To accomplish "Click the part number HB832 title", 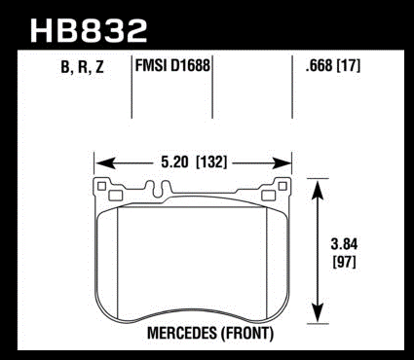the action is tap(89, 30).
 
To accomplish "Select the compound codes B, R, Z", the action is tap(82, 67).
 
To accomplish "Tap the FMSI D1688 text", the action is tap(172, 66).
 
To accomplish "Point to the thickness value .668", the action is tap(319, 66).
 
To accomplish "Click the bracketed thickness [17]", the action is tap(349, 66).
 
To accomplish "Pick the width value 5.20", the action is tap(174, 162).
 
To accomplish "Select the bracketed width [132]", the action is tap(211, 162).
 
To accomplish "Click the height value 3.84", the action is tap(344, 244).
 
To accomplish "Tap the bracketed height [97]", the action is tap(345, 262).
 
